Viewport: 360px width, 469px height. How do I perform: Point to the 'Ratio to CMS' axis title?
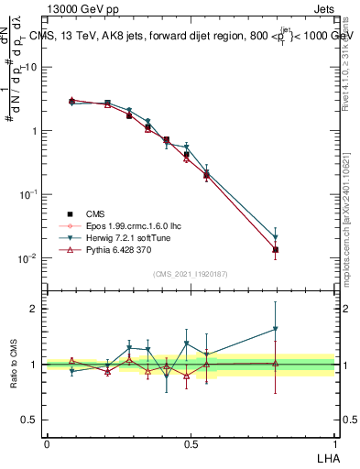point(13,363)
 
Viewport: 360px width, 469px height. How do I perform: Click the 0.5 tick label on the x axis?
point(190,442)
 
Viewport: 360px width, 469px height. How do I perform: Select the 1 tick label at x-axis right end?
point(333,442)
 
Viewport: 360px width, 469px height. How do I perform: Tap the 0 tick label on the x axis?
point(47,442)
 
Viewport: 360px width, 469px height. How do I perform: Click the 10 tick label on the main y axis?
point(30,67)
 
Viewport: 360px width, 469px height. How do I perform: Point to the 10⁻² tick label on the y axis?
point(29,258)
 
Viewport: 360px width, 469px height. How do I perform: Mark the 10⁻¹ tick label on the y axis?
point(29,194)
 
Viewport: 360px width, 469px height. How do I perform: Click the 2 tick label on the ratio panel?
point(35,309)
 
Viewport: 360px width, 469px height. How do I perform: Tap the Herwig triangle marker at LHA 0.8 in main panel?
point(276,237)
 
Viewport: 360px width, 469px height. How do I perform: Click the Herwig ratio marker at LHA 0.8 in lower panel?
point(276,329)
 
